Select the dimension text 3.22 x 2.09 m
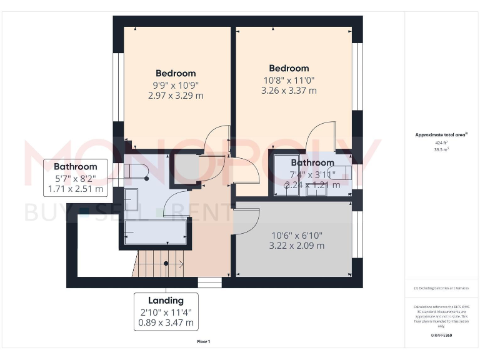297,246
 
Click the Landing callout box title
166,301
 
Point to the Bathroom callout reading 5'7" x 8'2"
76,177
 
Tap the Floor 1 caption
203,342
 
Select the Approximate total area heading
441,134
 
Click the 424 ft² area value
441,142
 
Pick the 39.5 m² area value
441,150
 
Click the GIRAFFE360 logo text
441,336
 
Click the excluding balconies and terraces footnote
441,288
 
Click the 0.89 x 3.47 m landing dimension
166,323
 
